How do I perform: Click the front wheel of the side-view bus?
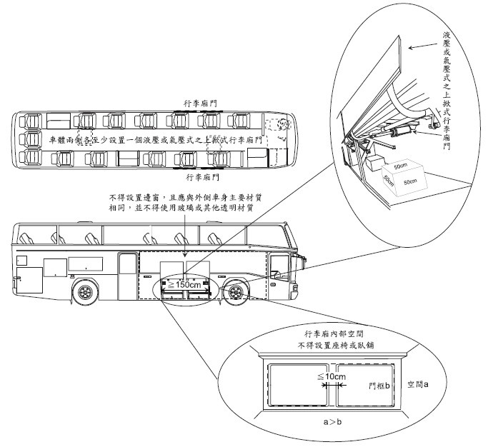click(x=234, y=293)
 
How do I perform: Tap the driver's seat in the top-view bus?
click(x=284, y=125)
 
